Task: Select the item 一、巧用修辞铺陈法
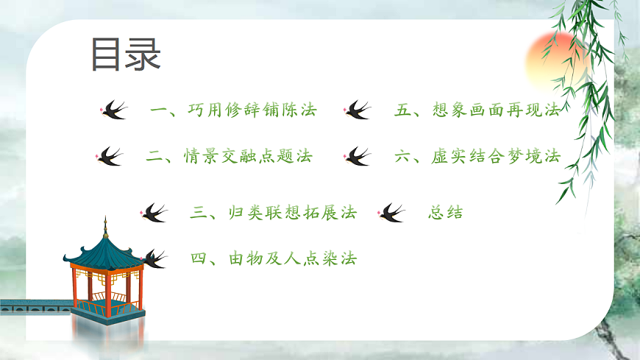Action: (x=232, y=111)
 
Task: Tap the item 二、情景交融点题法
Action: (x=229, y=156)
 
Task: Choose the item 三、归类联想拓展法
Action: (x=273, y=213)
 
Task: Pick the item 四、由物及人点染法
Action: (x=273, y=258)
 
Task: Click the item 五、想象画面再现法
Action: (x=477, y=111)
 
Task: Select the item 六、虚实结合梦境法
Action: (x=477, y=156)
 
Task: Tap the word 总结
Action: (x=445, y=213)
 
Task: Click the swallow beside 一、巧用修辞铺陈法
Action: (x=113, y=111)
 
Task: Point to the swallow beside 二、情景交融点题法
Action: (x=110, y=156)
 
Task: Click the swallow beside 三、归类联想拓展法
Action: (x=154, y=213)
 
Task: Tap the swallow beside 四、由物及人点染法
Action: (x=153, y=258)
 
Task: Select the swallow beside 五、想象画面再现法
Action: (x=358, y=111)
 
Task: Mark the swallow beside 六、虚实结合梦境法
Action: (x=358, y=156)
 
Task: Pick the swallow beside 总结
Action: (x=392, y=213)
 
